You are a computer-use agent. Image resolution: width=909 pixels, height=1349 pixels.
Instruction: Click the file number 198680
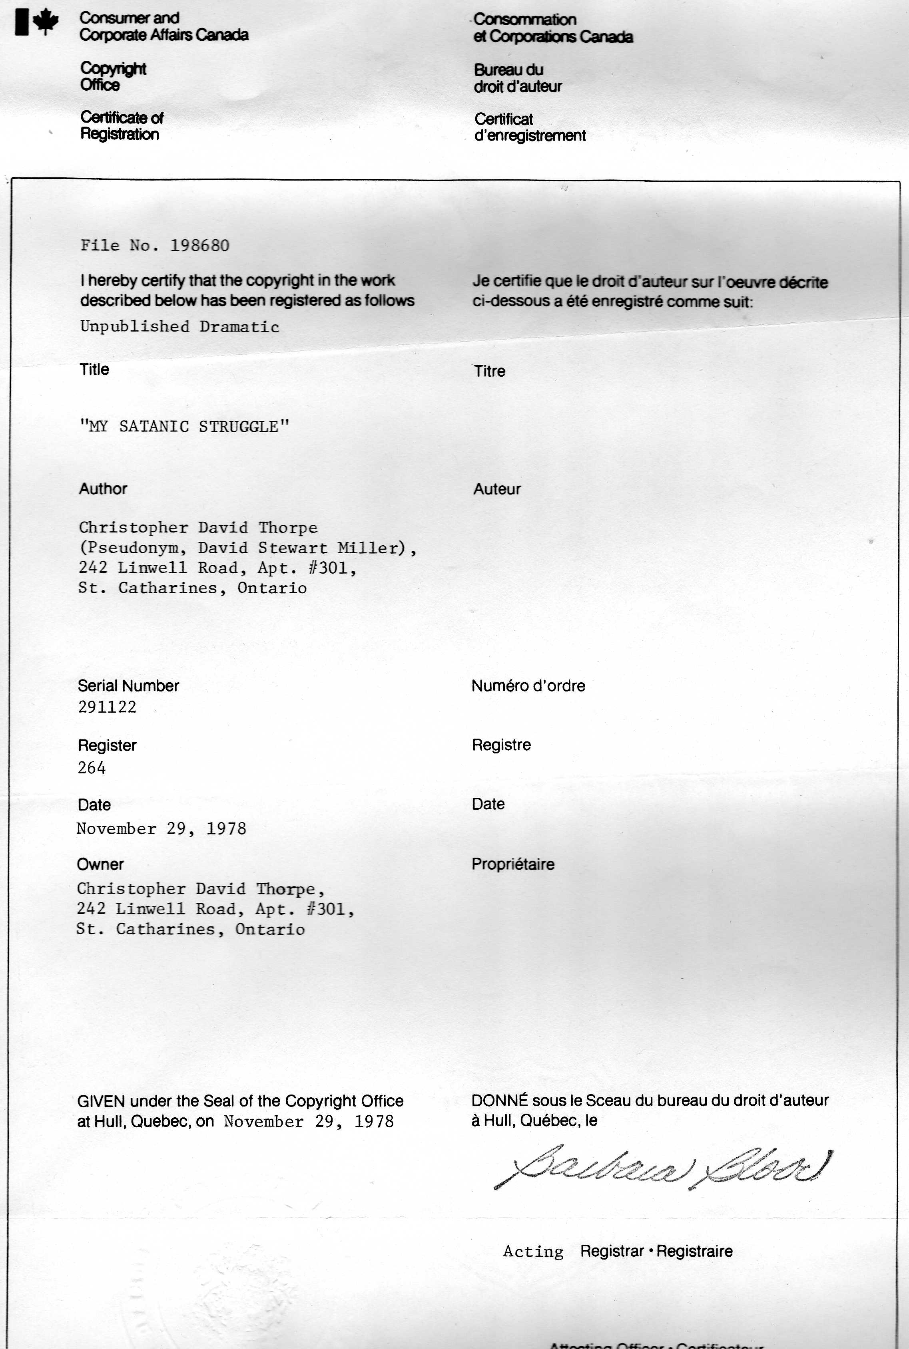(199, 246)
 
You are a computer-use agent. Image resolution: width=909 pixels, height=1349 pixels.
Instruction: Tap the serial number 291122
(107, 707)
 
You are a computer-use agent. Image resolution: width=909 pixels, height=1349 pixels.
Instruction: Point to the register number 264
(92, 768)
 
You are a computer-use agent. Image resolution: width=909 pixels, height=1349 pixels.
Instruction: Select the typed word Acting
(533, 1252)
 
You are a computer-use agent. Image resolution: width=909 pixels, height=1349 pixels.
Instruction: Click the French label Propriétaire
(512, 864)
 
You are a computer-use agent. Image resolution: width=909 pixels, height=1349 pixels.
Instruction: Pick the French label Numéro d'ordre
(528, 686)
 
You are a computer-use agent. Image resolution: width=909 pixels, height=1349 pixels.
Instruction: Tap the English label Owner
(100, 864)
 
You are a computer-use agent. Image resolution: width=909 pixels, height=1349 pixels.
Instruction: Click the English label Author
(103, 489)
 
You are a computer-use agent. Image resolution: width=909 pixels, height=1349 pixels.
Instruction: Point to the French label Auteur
(497, 489)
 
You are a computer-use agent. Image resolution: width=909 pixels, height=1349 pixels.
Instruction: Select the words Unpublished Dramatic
(180, 327)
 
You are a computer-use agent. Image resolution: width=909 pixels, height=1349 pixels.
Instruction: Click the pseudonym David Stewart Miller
(301, 548)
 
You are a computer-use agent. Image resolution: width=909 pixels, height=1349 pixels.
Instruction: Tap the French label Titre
(489, 371)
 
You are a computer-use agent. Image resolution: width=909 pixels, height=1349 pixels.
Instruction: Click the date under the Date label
(161, 829)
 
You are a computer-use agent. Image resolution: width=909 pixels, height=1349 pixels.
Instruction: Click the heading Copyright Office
(113, 76)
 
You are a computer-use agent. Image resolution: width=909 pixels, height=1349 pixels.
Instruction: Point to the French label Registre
(501, 745)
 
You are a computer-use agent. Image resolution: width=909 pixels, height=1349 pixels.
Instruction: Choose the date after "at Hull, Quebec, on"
(309, 1122)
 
